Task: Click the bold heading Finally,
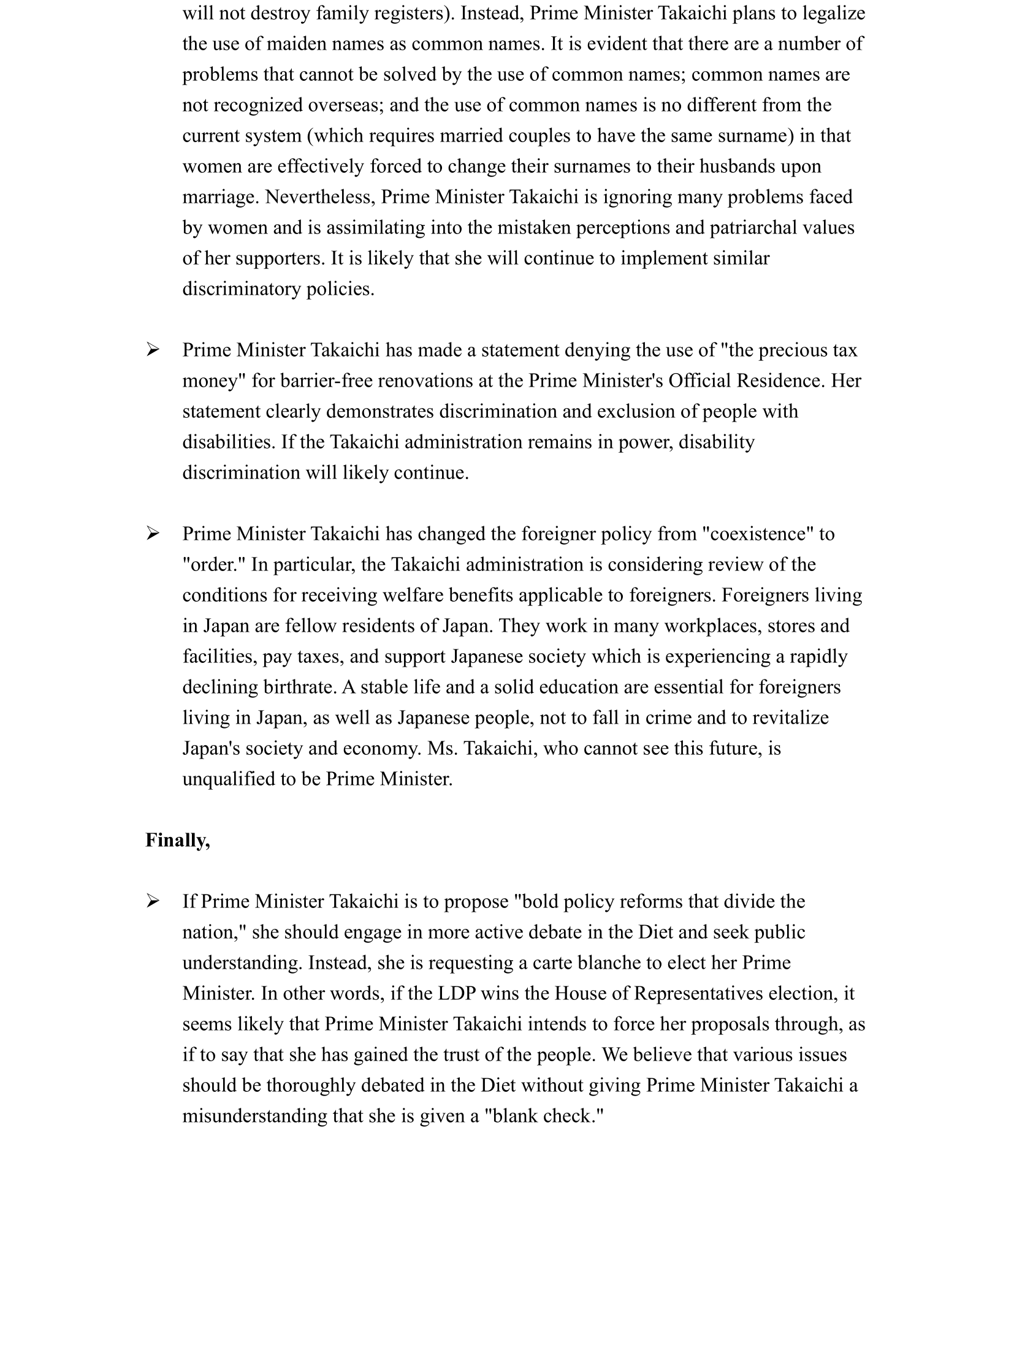click(x=177, y=840)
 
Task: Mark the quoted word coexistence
click(x=761, y=534)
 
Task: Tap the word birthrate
click(x=300, y=687)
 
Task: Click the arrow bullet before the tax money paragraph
click(x=153, y=350)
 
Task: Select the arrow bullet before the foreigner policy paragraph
click(x=153, y=534)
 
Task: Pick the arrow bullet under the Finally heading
click(x=153, y=901)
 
